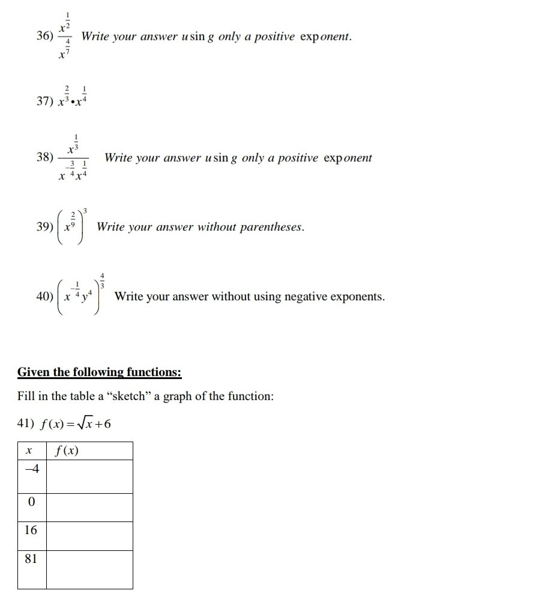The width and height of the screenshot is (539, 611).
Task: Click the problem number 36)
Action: tap(44, 37)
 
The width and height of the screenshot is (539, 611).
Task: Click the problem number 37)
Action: tap(44, 102)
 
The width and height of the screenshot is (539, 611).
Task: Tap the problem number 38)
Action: tap(44, 158)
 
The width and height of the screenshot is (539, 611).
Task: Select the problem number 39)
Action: tap(44, 228)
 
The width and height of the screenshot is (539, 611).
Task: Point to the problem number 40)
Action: tap(44, 296)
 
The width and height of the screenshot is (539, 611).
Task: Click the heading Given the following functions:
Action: tap(99, 372)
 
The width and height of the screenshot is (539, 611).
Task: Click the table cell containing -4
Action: tap(31, 476)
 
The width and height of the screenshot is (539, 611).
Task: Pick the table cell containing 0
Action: tap(31, 507)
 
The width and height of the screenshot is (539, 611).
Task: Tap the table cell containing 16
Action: tap(31, 536)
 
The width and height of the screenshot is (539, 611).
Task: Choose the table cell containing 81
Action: tap(31, 569)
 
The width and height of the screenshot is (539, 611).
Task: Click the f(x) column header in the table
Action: tap(89, 451)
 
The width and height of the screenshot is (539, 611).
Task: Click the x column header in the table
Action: tap(31, 451)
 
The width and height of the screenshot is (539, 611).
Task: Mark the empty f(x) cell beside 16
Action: tap(89, 536)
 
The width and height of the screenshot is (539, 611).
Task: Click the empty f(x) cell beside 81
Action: tap(89, 569)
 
